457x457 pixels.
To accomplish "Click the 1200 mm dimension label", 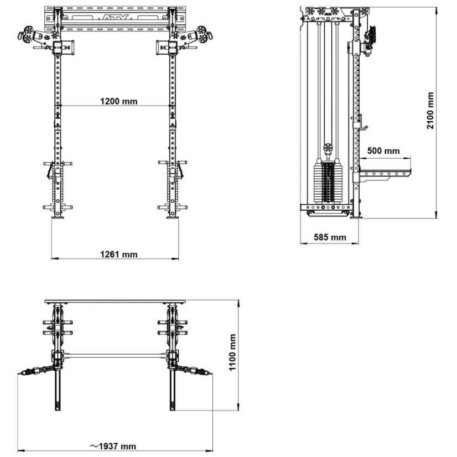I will [x=118, y=101].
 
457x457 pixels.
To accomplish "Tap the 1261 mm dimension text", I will [x=118, y=254].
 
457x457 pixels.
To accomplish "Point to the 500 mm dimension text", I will [x=383, y=150].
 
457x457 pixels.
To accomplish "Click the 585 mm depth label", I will [x=330, y=237].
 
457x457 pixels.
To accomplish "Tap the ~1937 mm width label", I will [x=114, y=446].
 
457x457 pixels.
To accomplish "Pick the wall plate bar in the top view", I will [x=115, y=302].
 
